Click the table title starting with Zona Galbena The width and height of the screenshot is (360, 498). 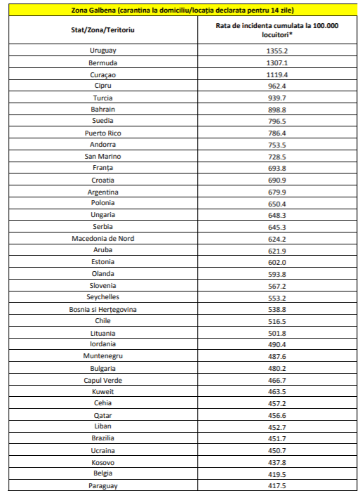[182, 11]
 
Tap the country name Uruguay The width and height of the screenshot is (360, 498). [102, 51]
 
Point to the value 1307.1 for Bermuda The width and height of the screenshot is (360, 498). [277, 63]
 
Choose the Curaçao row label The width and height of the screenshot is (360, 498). [102, 74]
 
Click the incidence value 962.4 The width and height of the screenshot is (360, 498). [277, 86]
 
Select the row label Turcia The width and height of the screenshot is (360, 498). [102, 98]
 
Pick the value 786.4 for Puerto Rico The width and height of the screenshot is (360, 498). [277, 133]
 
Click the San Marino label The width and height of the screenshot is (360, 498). [102, 156]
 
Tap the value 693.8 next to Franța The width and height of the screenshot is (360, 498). [277, 168]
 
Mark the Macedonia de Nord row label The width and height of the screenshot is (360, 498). [102, 238]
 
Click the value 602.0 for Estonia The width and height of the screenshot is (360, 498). [277, 262]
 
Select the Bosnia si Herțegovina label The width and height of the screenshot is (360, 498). [102, 309]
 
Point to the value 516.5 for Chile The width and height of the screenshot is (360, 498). [277, 321]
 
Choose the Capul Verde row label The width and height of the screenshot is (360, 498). [102, 379]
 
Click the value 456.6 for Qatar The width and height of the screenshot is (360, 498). [277, 415]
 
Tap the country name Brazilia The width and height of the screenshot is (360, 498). [102, 438]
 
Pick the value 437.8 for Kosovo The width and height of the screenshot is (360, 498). [277, 462]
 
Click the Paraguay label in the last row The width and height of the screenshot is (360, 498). [102, 485]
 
